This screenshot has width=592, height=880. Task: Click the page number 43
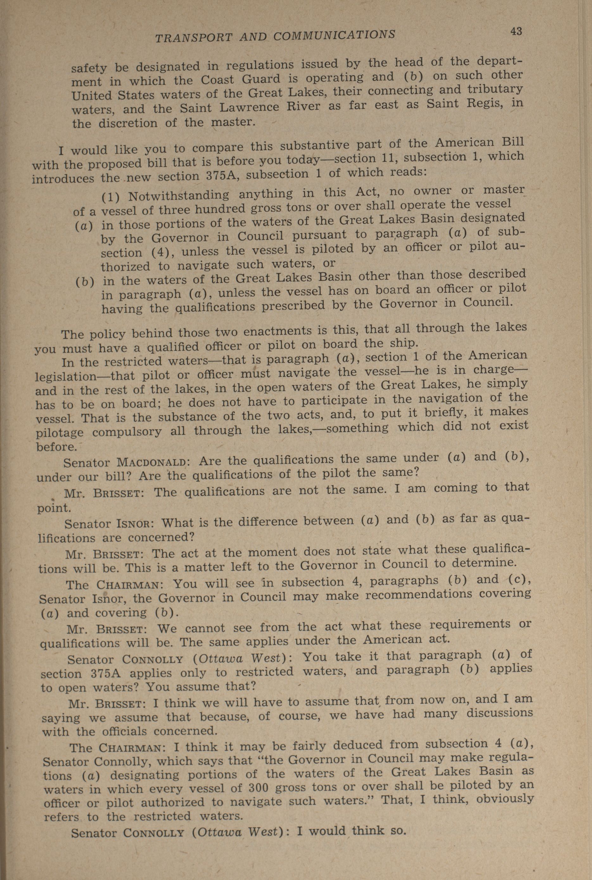pyautogui.click(x=516, y=31)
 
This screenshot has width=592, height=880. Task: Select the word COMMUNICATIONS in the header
pyautogui.click(x=334, y=35)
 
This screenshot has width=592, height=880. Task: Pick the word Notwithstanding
pyautogui.click(x=178, y=195)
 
